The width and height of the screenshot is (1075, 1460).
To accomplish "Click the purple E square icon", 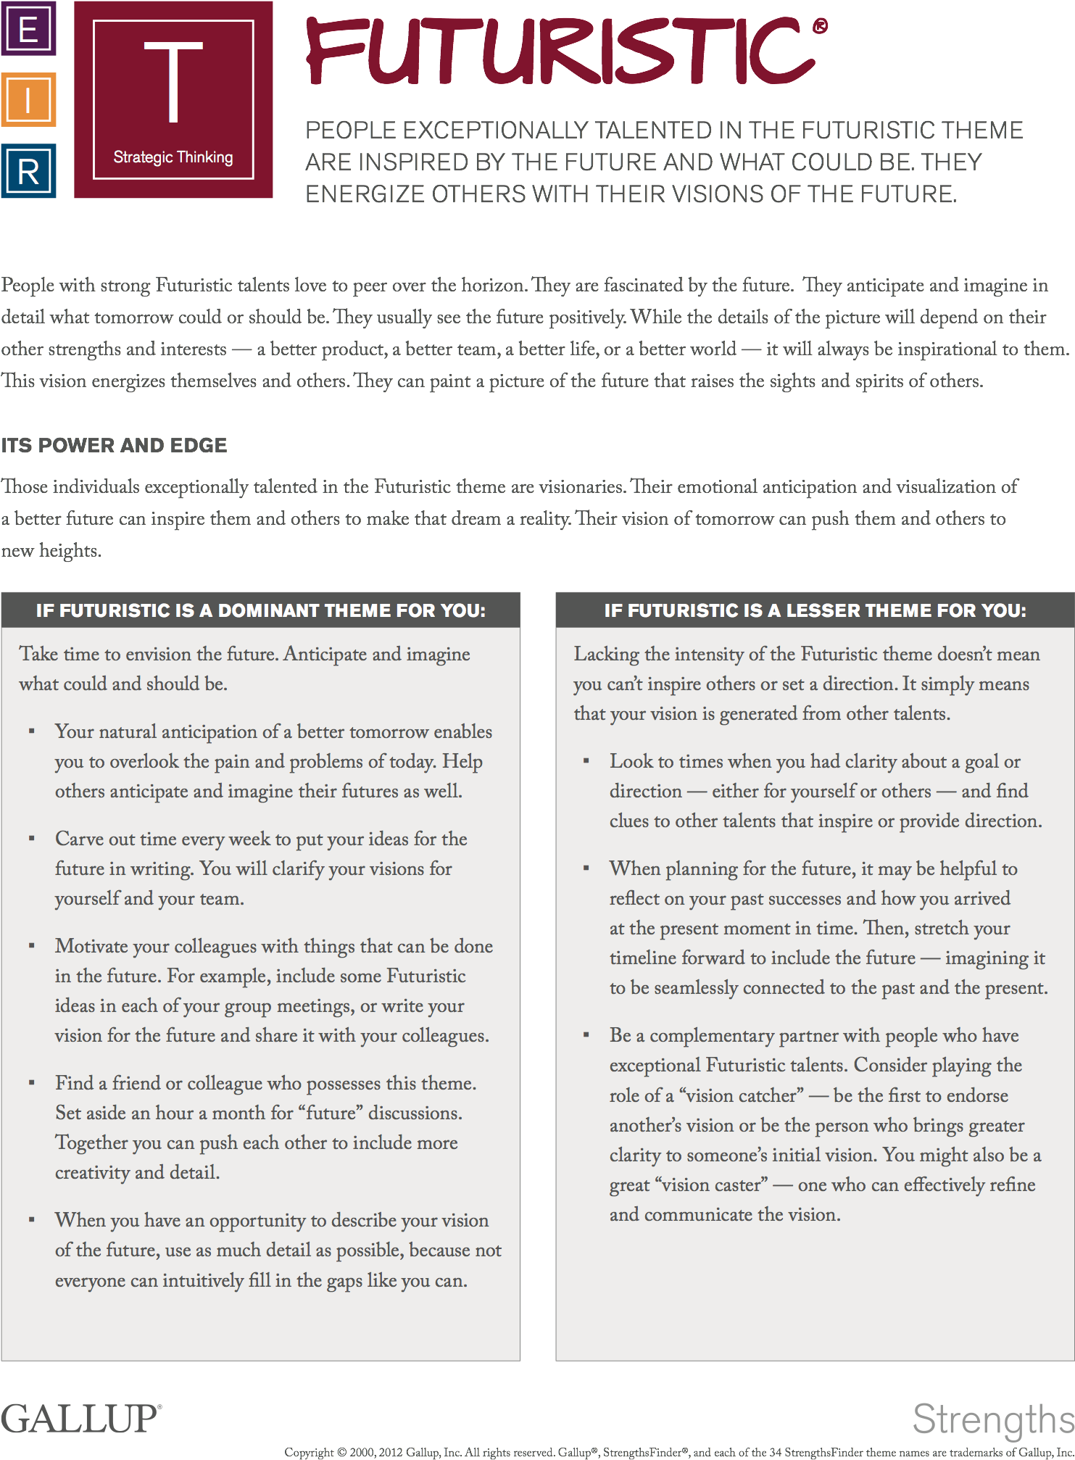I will coord(28,29).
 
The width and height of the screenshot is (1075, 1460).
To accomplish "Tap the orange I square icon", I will coord(28,100).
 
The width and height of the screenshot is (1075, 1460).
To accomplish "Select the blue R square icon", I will coord(28,172).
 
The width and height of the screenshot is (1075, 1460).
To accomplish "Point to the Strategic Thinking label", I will coord(173,157).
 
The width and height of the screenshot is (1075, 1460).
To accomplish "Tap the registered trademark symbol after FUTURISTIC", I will coord(820,27).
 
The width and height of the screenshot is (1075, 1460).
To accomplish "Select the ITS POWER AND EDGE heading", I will coord(115,445).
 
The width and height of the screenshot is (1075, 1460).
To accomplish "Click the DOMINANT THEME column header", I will coord(260,610).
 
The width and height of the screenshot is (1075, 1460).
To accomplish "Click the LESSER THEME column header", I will coord(815,610).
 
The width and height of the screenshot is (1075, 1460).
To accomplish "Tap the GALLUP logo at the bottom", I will coord(80,1419).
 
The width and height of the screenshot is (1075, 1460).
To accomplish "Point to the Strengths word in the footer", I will coord(992,1419).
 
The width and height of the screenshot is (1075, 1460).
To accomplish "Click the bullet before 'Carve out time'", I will coord(31,839).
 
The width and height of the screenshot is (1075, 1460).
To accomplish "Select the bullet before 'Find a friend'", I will coord(31,1083).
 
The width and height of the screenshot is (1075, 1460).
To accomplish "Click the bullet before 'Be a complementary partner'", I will coord(586,1035).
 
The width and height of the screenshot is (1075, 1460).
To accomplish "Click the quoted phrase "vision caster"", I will coord(710,1185).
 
